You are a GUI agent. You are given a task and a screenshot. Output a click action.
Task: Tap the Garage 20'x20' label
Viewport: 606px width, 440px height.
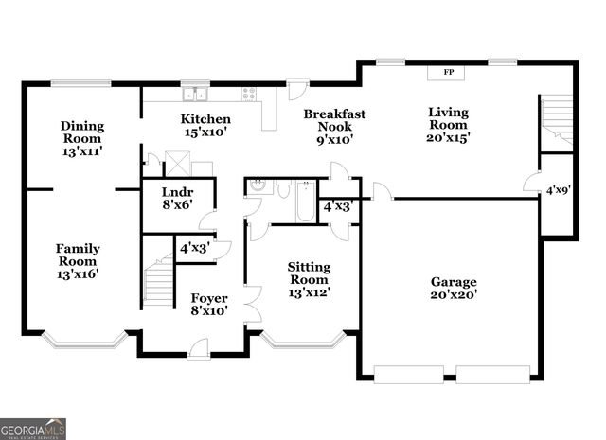454,288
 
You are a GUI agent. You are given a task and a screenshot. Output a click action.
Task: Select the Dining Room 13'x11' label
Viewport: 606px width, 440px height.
82,138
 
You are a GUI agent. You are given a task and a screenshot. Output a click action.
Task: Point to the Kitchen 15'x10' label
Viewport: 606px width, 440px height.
205,126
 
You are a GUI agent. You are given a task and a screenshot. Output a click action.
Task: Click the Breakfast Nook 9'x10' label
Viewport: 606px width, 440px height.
334,127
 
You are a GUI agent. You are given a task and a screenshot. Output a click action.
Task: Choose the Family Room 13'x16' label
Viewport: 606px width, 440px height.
78,261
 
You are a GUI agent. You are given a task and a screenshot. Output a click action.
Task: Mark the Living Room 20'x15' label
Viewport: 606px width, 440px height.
448,124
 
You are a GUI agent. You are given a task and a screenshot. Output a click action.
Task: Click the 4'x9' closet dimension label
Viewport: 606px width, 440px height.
558,190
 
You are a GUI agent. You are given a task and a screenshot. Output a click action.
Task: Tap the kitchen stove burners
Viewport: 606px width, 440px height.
249,93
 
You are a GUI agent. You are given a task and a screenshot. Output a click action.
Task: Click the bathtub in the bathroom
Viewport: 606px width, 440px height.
305,202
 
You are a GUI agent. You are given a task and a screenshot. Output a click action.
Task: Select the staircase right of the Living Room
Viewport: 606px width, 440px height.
558,120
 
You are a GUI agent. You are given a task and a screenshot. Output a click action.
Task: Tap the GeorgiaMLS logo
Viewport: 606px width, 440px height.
33,429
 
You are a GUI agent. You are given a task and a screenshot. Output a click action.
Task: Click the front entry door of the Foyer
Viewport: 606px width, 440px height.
199,350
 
